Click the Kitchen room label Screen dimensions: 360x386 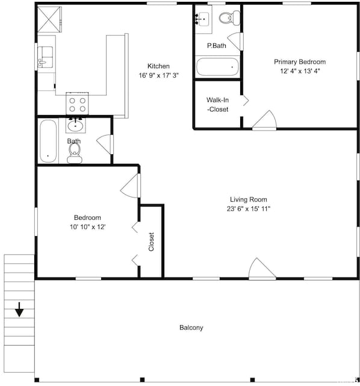coord(158,66)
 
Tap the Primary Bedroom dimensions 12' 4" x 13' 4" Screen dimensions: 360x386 coord(300,71)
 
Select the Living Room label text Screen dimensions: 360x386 coord(249,199)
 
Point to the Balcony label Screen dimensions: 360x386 coord(191,328)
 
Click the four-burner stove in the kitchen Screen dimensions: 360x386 coord(77,104)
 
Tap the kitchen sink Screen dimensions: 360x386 coord(45,57)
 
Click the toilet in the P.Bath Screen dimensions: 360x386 coord(229,17)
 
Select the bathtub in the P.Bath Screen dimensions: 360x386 coord(217,66)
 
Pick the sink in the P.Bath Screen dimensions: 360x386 coord(203,19)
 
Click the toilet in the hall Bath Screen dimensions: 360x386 coord(75,153)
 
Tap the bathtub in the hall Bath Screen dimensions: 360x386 coord(48,141)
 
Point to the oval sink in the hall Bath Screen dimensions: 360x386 coord(75,126)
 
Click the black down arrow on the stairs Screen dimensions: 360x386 coord(19,310)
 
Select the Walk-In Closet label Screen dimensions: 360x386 coord(217,105)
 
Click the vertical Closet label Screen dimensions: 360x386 coord(151,241)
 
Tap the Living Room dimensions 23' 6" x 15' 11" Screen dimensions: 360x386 coord(249,209)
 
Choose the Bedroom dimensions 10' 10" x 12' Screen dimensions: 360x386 coord(88,227)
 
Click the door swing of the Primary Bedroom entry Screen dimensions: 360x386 coord(264,120)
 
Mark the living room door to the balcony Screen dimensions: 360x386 coord(262,269)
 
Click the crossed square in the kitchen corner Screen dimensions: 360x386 coord(49,19)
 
